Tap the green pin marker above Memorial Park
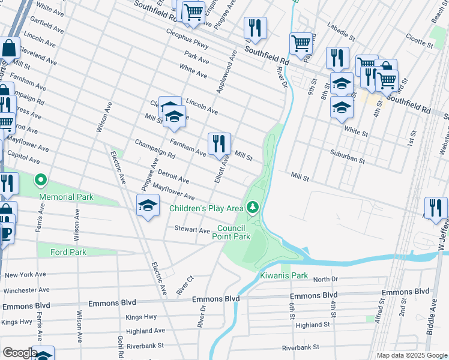pos(41,179)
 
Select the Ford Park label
pos(68,252)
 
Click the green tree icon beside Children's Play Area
pos(253,208)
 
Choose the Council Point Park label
pos(233,232)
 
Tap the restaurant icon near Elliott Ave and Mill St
pos(219,143)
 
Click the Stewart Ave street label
pos(192,230)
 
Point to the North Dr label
pos(325,279)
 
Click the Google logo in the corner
pos(19,353)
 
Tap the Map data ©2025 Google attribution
pos(412,355)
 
